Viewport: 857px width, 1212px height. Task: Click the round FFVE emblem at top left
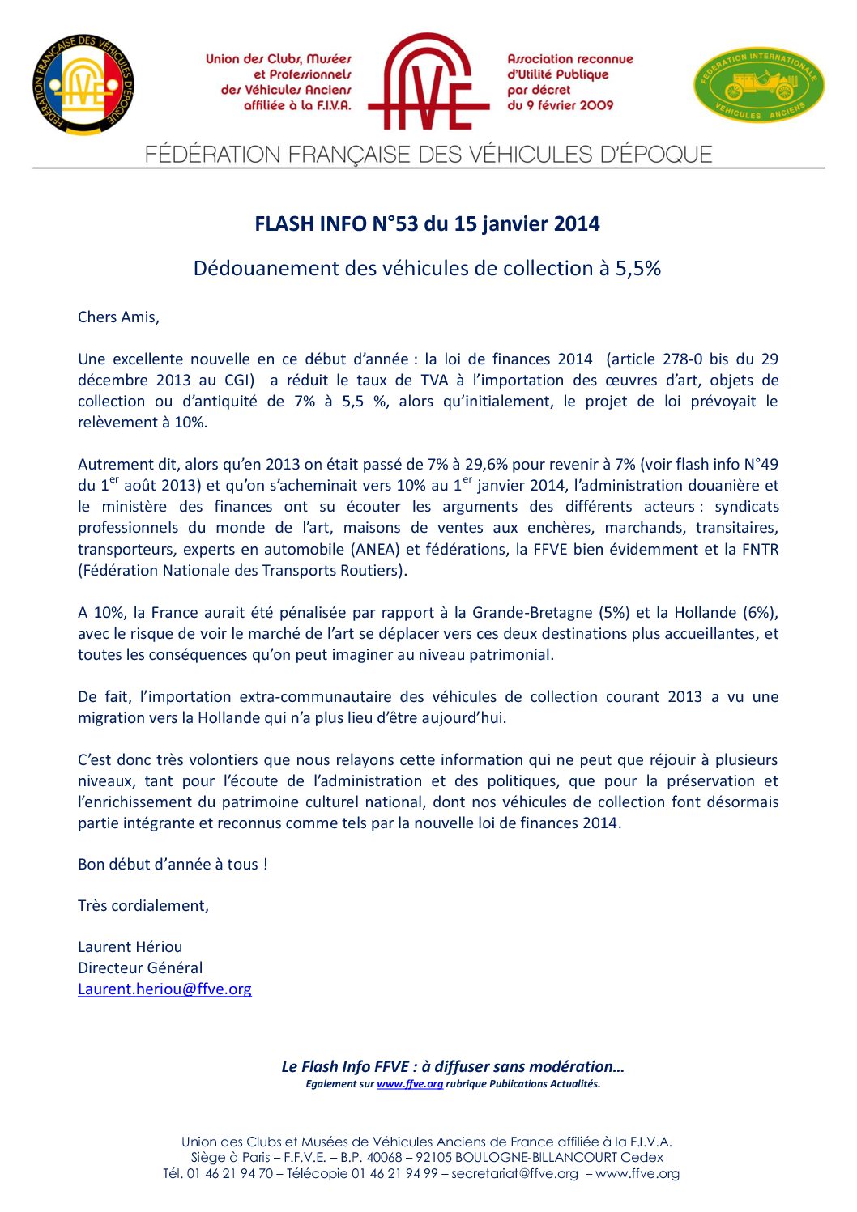pos(83,85)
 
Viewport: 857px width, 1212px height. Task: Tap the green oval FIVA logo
pos(759,84)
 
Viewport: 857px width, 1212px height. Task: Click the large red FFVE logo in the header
pos(428,82)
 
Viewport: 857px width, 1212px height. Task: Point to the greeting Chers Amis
pos(118,317)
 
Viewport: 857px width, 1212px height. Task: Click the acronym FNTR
pos(760,550)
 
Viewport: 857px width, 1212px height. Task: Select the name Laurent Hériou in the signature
pos(130,947)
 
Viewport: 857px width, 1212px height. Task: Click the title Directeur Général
pos(140,968)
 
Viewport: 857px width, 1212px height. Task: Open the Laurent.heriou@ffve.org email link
pos(164,989)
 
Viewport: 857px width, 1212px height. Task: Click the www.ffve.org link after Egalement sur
pos(410,1084)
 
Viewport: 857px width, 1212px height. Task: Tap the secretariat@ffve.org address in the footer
pos(514,1174)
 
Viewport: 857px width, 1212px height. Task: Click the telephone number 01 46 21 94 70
pos(230,1174)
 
